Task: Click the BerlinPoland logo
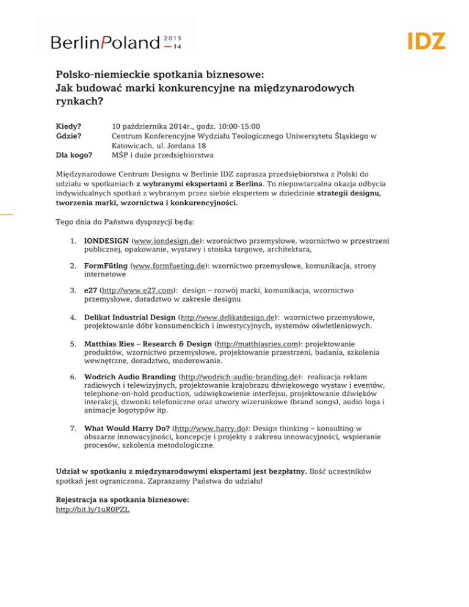[x=116, y=42]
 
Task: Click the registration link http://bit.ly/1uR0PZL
[x=92, y=509]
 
